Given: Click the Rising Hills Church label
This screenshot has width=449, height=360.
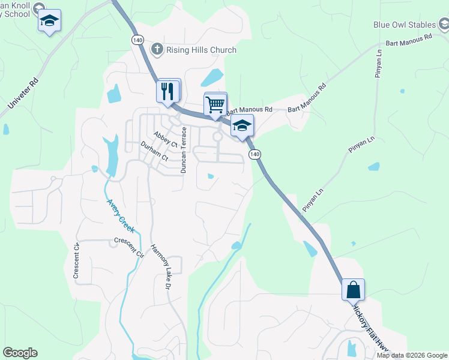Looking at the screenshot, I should [201, 50].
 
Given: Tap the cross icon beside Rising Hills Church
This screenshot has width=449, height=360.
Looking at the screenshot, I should [157, 49].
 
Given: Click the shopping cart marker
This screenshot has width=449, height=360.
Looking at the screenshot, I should [215, 104].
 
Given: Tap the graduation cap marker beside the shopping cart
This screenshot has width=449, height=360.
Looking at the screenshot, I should [242, 126].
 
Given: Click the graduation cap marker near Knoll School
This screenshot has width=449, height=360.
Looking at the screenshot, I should [49, 22].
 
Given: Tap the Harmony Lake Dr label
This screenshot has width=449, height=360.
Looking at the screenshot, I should [161, 268].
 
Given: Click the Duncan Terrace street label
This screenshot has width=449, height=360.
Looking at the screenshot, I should [184, 150].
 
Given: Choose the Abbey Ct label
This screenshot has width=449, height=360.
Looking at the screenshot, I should [165, 140].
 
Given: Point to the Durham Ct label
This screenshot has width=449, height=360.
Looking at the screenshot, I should [154, 152].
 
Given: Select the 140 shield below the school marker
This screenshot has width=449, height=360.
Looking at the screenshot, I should [256, 155].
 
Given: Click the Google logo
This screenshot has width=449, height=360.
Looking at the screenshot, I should [20, 353].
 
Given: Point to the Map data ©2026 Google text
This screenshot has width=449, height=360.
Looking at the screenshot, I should [412, 355].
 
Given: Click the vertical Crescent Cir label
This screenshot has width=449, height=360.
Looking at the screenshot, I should [76, 260].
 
